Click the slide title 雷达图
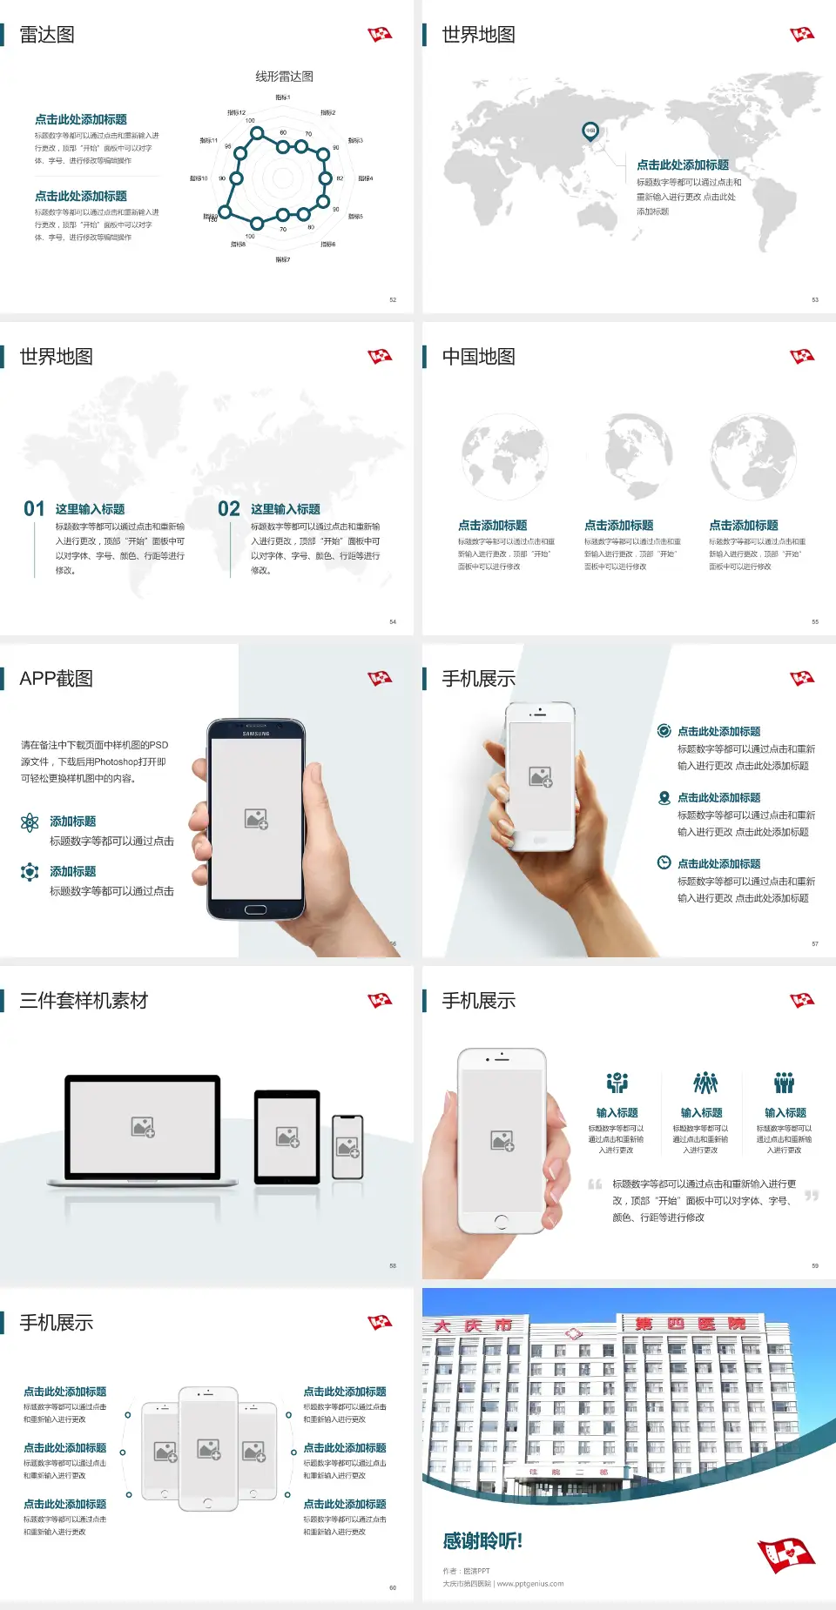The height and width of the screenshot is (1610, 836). click(47, 35)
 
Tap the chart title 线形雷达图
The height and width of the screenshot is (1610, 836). click(284, 77)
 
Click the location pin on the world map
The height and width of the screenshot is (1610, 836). click(590, 131)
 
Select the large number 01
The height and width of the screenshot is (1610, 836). click(34, 509)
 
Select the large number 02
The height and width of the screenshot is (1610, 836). click(229, 509)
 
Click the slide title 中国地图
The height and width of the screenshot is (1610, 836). click(478, 357)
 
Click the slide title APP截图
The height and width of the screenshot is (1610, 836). click(57, 679)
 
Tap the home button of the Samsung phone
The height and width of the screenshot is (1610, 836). click(255, 909)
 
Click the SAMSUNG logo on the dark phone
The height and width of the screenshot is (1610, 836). click(256, 734)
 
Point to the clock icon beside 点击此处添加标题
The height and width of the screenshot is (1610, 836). click(664, 862)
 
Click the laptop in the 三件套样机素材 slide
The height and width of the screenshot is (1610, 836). click(143, 1130)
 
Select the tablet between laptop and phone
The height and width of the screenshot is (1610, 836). click(287, 1137)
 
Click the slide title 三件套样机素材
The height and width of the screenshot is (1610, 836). click(84, 1001)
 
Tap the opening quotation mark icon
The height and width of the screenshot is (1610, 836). click(595, 1184)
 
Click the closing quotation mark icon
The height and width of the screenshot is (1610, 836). click(812, 1196)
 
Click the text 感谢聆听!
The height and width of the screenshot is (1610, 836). click(482, 1541)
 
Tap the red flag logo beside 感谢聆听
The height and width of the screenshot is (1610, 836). click(785, 1554)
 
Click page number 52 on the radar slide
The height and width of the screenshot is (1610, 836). click(393, 300)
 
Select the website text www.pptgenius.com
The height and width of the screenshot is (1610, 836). click(530, 1584)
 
